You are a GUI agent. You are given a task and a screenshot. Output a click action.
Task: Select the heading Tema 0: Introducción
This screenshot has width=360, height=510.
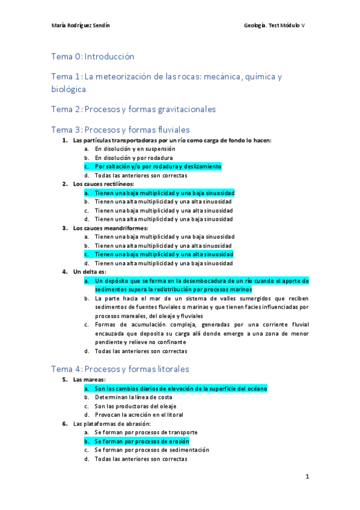click(x=93, y=57)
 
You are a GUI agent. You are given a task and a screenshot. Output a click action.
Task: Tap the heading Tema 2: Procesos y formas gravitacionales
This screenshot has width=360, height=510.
click(x=133, y=109)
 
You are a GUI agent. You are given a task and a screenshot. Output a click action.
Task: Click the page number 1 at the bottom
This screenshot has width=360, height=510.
click(x=307, y=476)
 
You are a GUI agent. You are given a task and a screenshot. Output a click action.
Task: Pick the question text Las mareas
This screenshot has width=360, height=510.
click(x=90, y=380)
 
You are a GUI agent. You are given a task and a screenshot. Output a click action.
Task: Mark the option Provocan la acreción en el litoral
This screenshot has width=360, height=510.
click(x=139, y=414)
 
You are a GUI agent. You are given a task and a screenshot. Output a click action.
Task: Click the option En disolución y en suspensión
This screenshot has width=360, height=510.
click(x=135, y=149)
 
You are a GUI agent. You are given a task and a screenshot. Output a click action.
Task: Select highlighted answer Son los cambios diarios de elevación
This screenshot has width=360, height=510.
click(x=180, y=389)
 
